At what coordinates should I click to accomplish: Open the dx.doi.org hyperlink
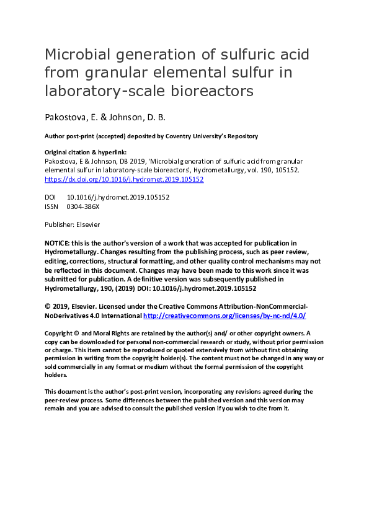coord(124,179)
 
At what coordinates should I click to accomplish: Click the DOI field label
coord(51,197)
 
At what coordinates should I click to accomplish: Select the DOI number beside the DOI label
coord(118,197)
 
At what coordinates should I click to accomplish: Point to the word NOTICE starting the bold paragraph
coord(58,243)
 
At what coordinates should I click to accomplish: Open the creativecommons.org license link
coord(225,316)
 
